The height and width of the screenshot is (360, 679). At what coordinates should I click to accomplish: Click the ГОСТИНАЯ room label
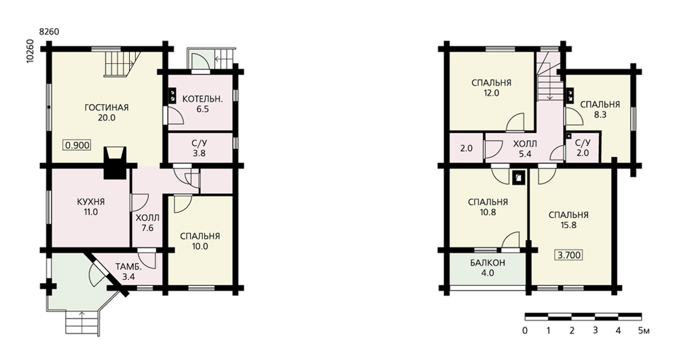107,107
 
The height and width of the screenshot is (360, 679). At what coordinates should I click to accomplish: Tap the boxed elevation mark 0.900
78,145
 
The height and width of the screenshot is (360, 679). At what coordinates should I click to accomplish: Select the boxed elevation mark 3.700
569,255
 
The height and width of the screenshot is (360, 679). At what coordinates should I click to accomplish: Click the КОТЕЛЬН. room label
202,98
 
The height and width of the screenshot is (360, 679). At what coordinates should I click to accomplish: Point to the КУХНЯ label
91,202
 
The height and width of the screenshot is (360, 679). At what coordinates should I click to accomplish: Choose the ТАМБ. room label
128,267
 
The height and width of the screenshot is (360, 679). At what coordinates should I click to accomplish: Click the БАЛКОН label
488,263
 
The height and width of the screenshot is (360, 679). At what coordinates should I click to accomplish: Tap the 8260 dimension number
49,32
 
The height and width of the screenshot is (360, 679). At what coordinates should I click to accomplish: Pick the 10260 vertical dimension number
30,52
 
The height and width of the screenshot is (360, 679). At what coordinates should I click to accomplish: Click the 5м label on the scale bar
644,331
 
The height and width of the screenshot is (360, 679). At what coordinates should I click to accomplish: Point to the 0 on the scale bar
525,331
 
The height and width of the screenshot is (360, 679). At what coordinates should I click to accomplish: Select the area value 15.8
568,226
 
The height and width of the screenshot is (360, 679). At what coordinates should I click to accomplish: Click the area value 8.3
600,115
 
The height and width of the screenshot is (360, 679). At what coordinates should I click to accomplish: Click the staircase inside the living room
123,62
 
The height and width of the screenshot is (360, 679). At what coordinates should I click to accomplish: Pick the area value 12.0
491,92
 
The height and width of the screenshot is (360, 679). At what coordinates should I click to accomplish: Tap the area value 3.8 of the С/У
199,153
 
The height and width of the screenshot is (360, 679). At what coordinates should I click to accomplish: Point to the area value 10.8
488,213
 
